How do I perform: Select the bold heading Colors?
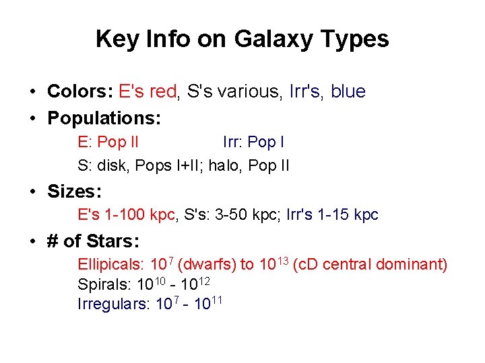pos(80,91)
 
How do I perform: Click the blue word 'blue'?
pos(348,91)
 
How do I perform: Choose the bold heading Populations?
pos(104,118)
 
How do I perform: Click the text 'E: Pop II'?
pos(108,143)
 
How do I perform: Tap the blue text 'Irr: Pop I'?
pos(253,143)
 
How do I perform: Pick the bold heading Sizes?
pos(74,192)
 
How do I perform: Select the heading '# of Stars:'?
pos(92,241)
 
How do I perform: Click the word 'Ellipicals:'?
pos(111,264)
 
